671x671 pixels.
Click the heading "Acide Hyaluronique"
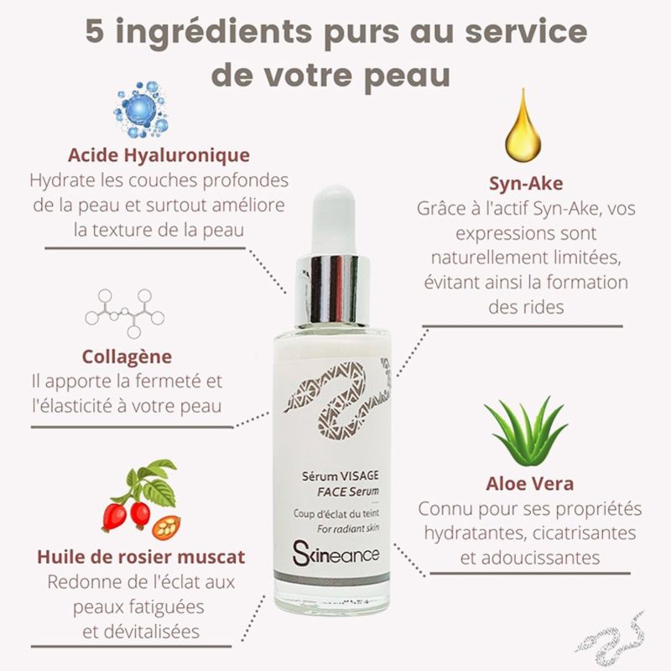click(159, 155)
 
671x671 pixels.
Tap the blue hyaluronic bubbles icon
click(141, 109)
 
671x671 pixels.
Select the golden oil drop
click(523, 125)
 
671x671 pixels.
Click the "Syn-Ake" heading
click(526, 183)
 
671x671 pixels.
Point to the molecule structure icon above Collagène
click(124, 313)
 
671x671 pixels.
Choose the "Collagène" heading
click(127, 357)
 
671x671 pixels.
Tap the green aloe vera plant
click(527, 431)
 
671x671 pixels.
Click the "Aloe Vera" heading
click(530, 484)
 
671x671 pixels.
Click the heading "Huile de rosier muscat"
click(141, 557)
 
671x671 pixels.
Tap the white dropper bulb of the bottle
click(333, 221)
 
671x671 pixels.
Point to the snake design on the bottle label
click(337, 400)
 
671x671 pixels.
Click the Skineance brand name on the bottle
click(336, 554)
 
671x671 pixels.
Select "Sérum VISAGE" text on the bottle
click(341, 476)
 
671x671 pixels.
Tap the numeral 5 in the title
click(95, 32)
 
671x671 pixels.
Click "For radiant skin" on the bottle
click(348, 529)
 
